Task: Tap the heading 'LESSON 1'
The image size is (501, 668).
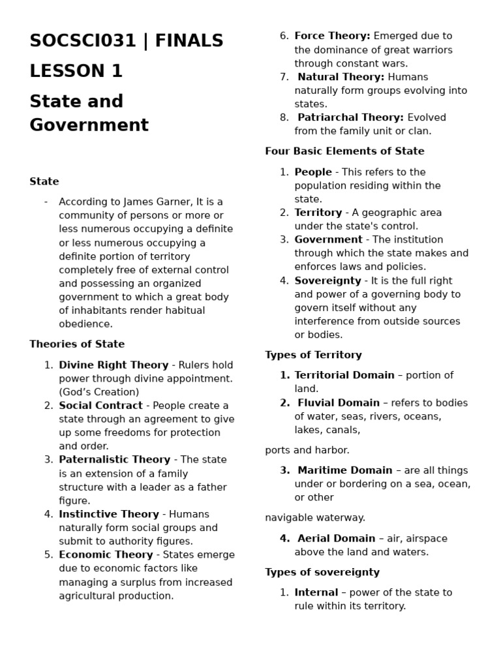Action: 76,71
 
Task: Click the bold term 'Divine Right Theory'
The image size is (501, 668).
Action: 114,365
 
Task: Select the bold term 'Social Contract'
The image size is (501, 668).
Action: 100,406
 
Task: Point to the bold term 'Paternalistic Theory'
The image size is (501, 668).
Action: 114,460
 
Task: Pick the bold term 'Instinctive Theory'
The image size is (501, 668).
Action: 109,514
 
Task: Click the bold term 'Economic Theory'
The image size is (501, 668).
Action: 106,554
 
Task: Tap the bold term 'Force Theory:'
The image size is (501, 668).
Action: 332,36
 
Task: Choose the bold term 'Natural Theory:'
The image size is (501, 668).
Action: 341,77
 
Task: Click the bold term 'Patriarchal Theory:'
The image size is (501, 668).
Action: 350,117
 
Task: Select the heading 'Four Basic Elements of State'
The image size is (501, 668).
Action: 344,151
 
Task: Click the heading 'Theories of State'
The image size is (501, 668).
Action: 77,344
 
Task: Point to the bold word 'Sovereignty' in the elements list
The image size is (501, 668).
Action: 327,281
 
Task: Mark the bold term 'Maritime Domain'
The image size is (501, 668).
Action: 345,470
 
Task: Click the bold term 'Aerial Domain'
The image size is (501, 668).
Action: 336,538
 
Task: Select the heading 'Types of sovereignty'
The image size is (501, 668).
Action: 322,572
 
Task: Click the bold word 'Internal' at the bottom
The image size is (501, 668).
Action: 316,592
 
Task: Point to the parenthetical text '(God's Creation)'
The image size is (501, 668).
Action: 99,392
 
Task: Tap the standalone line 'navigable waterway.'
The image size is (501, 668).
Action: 315,517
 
